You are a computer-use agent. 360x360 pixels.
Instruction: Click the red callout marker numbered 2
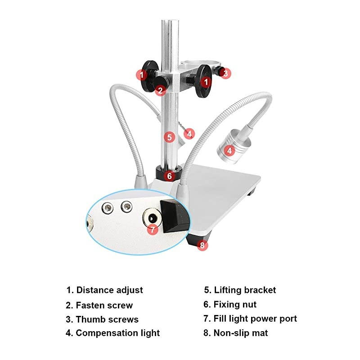[161, 90]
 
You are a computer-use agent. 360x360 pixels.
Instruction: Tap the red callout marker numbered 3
[226, 73]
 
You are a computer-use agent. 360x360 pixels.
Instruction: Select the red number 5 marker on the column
[169, 137]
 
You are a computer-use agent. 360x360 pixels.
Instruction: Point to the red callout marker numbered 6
[169, 176]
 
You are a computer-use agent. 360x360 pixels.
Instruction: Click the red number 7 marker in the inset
[153, 229]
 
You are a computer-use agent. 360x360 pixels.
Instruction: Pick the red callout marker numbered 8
[202, 245]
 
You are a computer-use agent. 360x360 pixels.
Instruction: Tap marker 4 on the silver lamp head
[229, 151]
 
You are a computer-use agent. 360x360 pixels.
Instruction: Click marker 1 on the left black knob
[142, 74]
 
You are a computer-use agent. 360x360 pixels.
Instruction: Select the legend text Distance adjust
[104, 290]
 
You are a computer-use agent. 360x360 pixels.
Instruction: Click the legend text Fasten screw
[99, 305]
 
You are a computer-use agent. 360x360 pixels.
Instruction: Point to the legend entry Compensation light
[112, 333]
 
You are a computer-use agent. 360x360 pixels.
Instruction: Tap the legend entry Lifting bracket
[240, 290]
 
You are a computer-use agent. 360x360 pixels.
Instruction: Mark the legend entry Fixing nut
[230, 305]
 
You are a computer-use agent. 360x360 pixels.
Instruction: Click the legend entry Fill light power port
[250, 319]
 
